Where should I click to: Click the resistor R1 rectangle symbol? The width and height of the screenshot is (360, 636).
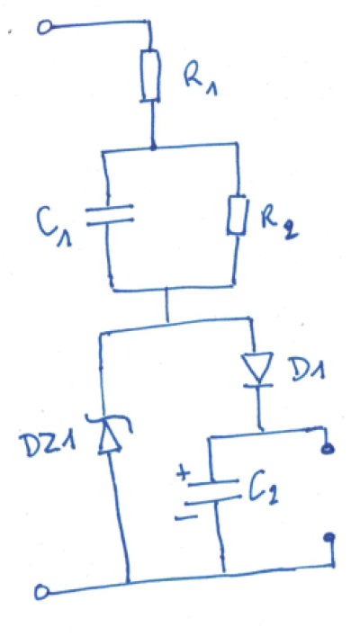click(x=150, y=76)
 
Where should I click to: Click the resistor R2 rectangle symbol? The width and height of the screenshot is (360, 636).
click(x=237, y=215)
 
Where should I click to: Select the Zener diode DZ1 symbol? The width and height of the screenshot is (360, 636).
click(x=110, y=433)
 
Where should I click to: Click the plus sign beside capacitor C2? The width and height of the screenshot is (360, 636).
click(x=184, y=475)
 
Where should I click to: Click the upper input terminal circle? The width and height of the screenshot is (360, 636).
click(x=44, y=28)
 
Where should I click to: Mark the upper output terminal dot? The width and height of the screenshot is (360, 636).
click(x=328, y=449)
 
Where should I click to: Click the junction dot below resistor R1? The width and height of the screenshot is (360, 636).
click(x=153, y=147)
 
